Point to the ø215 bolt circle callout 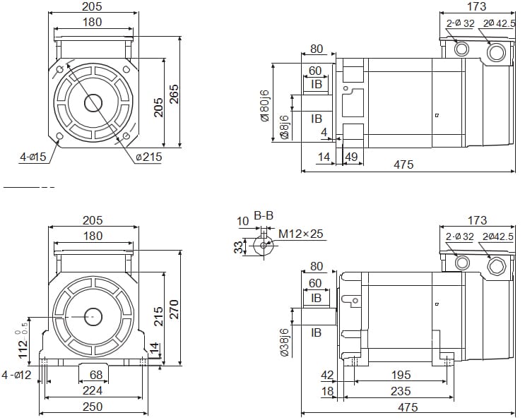(148, 157)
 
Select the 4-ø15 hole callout (33, 157)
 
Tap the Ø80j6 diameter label (265, 104)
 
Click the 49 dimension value (350, 157)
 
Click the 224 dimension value (93, 390)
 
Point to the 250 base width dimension (93, 407)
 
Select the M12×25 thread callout (300, 234)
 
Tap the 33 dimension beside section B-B (239, 246)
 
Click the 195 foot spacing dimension (400, 375)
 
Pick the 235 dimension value (400, 391)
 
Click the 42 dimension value (326, 375)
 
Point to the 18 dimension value (326, 391)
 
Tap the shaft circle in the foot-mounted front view (93, 317)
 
